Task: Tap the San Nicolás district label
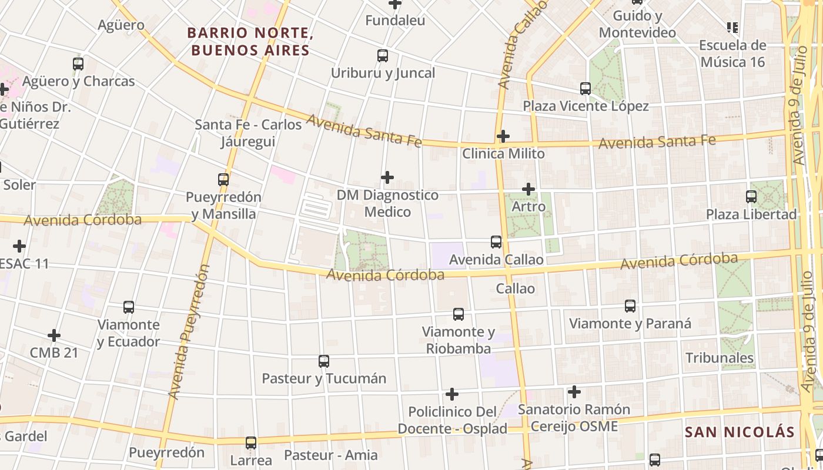point(740,432)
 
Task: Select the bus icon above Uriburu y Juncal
point(383,56)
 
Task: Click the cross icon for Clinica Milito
point(503,136)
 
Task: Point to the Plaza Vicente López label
point(586,106)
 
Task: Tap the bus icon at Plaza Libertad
point(751,197)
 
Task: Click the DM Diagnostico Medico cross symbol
point(387,177)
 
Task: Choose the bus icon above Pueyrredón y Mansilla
point(223,180)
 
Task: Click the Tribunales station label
point(720,358)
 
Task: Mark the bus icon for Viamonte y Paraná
point(630,306)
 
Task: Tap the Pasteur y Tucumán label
point(324,378)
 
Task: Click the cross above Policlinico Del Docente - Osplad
point(452,394)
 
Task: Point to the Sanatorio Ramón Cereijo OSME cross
point(574,391)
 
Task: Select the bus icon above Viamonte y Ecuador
point(129,307)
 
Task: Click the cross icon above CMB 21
point(54,335)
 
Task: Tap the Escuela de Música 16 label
point(732,53)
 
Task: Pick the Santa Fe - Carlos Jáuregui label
point(248,133)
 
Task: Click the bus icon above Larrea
point(251,442)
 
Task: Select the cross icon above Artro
point(528,189)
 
